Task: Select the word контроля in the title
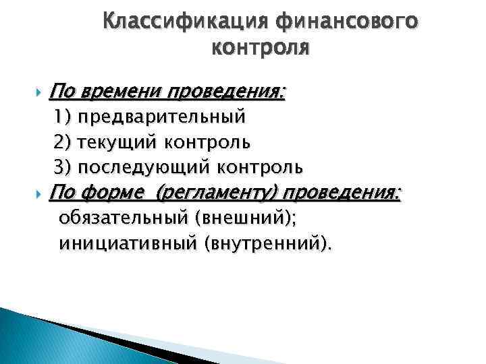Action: click(x=261, y=48)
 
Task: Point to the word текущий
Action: click(x=119, y=142)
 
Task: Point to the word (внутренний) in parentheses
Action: click(x=263, y=243)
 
